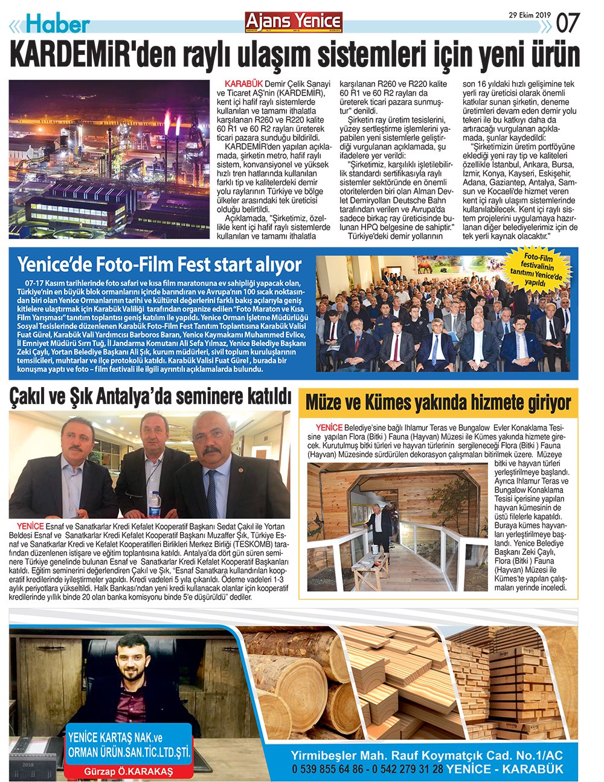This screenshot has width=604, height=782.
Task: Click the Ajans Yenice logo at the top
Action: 293,21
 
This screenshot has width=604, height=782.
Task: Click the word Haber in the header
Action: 58,24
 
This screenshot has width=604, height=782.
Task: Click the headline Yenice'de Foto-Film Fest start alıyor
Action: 159,264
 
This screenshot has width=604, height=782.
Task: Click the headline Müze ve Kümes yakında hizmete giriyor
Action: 438,402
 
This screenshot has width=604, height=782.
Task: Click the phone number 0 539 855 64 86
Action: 327,769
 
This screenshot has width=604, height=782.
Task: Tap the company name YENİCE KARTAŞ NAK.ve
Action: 115,738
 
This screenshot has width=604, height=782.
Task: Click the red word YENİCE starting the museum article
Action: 329,427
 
